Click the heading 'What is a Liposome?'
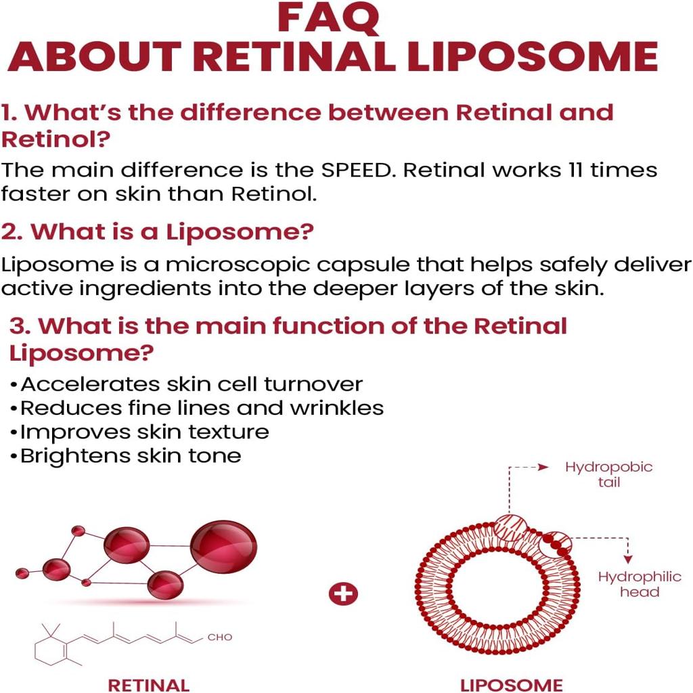pos(157,231)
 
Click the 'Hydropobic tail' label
pos(608,474)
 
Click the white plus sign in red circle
pos(342,595)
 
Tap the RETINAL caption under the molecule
pos(149,685)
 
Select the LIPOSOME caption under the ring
pos(511,685)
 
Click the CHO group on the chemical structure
pos(219,637)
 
